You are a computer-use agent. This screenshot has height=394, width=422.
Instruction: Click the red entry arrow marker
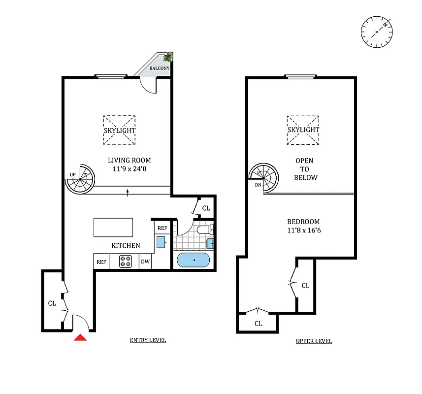80,337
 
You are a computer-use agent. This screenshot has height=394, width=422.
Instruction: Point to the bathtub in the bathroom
193,260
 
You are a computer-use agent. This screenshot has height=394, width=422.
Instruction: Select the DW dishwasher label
145,262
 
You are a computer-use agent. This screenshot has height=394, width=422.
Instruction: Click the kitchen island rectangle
113,228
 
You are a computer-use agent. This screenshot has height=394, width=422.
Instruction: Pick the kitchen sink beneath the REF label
161,242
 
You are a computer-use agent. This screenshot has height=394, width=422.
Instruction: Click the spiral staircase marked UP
80,179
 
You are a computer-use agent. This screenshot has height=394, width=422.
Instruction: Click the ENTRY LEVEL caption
148,340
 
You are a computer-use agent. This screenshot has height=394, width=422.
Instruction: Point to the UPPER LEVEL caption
314,341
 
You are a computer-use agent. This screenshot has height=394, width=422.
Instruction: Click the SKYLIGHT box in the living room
119,131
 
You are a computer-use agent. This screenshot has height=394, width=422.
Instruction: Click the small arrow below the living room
128,193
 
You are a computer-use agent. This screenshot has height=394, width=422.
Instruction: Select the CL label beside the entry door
52,303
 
